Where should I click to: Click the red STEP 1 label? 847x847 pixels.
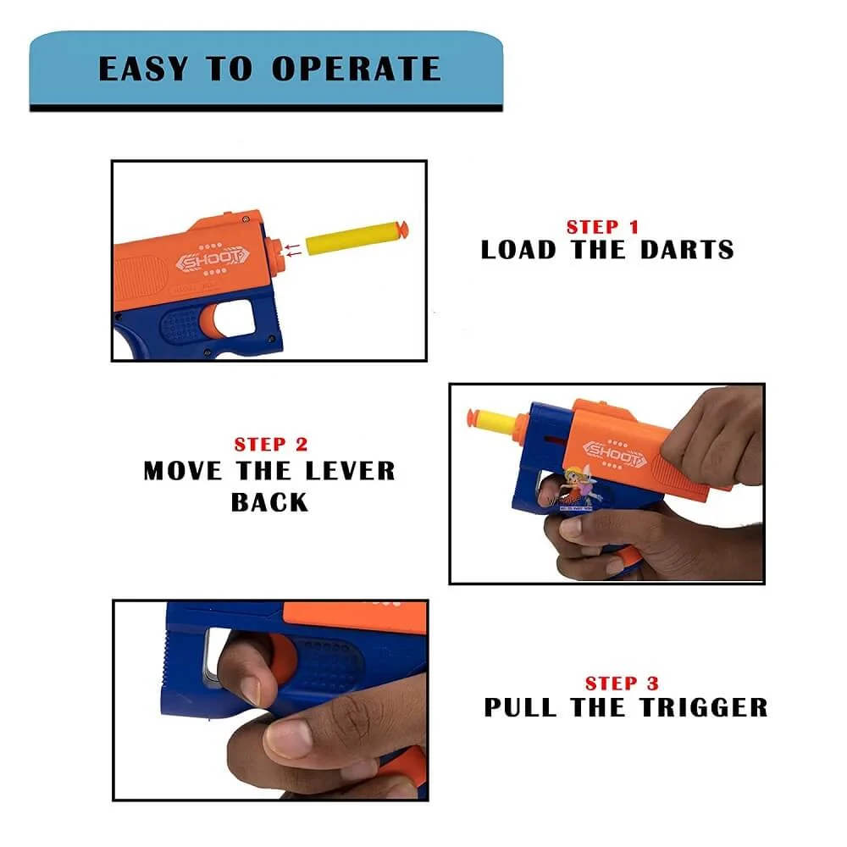(x=603, y=227)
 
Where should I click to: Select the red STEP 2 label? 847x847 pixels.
(x=271, y=445)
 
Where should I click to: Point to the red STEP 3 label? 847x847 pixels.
(x=622, y=684)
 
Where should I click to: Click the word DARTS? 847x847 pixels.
(x=686, y=250)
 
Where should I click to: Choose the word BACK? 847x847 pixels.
(x=269, y=501)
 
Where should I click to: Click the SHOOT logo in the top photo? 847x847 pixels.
(x=213, y=261)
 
